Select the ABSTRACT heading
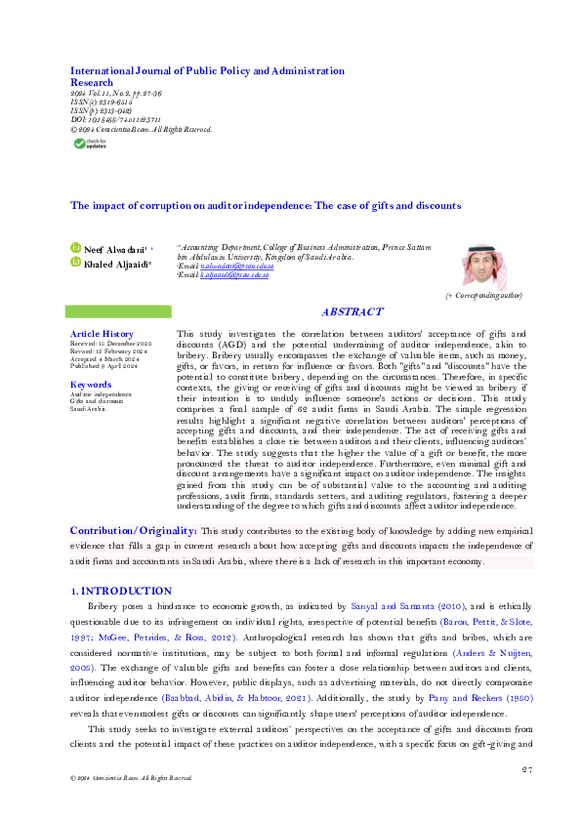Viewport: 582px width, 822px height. point(352,312)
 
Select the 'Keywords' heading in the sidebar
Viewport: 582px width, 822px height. point(91,385)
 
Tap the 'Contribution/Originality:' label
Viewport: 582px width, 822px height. point(133,530)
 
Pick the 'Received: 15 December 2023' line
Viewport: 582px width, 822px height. point(109,345)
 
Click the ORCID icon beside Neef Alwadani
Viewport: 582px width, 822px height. point(75,250)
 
